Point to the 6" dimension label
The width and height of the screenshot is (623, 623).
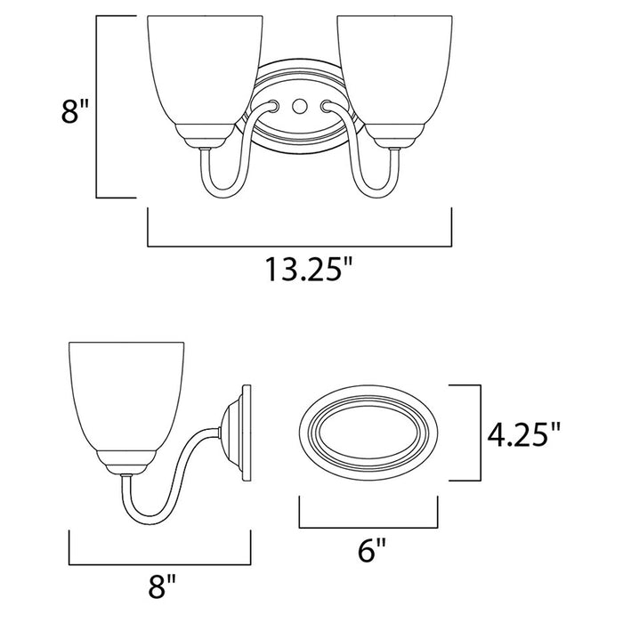372,551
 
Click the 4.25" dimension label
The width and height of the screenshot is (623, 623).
525,434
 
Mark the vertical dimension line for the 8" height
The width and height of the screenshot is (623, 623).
96,107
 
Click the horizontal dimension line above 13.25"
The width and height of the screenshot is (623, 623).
299,244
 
